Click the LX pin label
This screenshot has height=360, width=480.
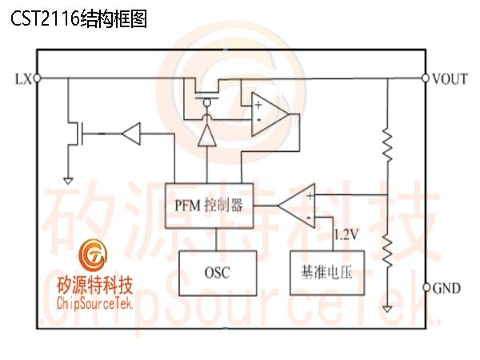click(x=23, y=79)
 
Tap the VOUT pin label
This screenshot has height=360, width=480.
click(x=450, y=79)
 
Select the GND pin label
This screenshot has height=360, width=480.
click(x=446, y=288)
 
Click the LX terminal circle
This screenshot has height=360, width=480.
click(x=37, y=78)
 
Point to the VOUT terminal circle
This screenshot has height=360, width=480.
click(x=426, y=78)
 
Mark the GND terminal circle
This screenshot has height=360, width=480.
click(x=426, y=287)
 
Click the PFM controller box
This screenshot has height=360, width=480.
click(x=210, y=206)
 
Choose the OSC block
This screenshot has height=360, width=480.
click(x=218, y=273)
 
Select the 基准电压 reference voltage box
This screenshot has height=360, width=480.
click(x=327, y=273)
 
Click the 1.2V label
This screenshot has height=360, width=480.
click(x=346, y=234)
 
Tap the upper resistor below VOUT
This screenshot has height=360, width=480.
click(x=387, y=146)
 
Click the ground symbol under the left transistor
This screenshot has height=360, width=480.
click(x=68, y=182)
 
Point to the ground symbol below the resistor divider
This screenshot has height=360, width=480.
click(x=387, y=309)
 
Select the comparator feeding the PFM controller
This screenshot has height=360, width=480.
click(x=297, y=206)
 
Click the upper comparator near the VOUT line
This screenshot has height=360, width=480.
click(x=270, y=114)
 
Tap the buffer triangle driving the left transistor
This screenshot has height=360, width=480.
click(x=132, y=134)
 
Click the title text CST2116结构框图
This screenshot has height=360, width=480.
click(x=79, y=19)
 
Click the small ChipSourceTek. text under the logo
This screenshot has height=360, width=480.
click(x=94, y=304)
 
